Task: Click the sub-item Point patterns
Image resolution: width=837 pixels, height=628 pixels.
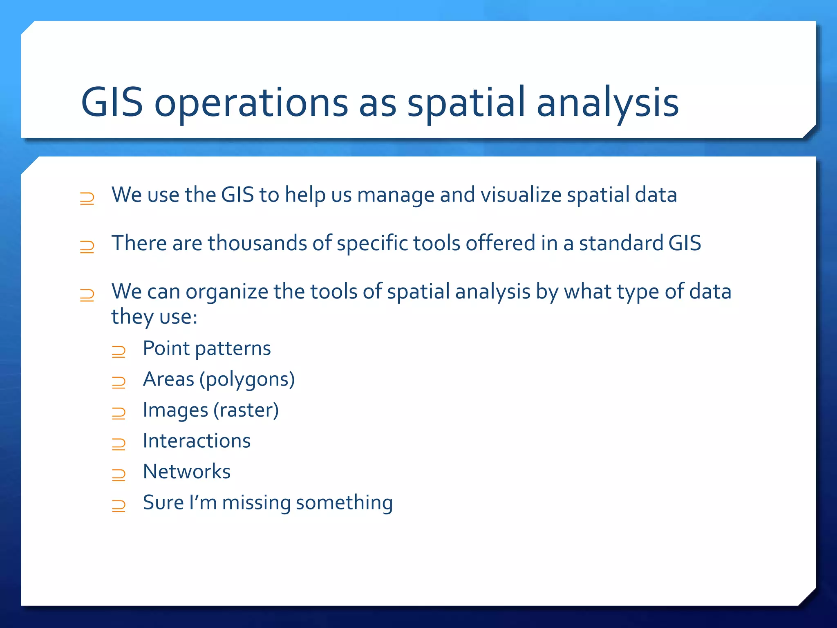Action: click(207, 349)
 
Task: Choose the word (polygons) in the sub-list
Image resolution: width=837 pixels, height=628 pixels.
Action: click(247, 379)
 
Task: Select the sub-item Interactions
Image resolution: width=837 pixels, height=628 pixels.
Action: click(197, 441)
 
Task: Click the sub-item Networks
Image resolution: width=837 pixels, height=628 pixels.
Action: click(187, 472)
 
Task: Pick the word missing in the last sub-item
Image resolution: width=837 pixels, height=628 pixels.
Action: click(256, 502)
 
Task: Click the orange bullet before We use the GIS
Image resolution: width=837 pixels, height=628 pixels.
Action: click(87, 198)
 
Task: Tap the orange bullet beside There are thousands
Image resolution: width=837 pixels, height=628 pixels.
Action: click(87, 247)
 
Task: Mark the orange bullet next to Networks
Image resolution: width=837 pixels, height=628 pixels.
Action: click(119, 474)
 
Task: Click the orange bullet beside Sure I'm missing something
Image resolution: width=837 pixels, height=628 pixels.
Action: click(119, 506)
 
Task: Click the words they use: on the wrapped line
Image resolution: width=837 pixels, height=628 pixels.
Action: click(154, 317)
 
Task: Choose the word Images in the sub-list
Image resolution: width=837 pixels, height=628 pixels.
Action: click(175, 410)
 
